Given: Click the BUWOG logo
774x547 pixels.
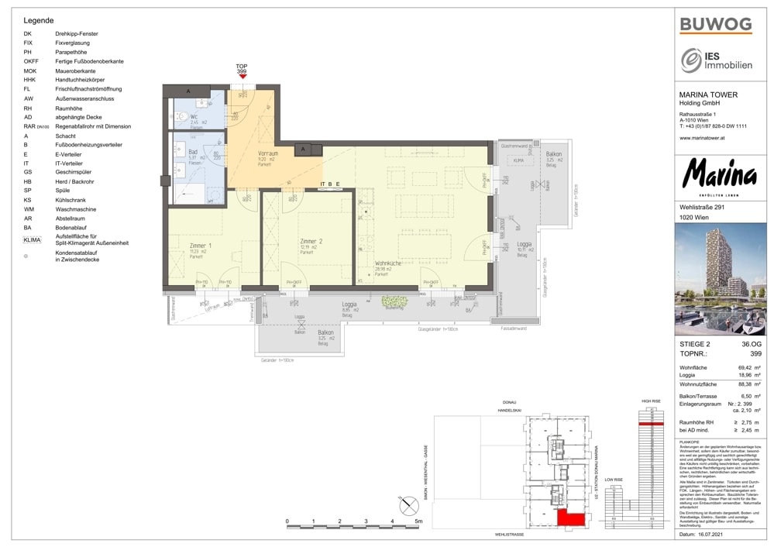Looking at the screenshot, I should pos(715,24).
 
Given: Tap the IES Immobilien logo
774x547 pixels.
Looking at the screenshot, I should pos(716,60).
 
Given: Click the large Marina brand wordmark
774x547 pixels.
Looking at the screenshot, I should pos(718,176).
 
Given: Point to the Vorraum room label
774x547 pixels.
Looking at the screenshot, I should pos(267,154).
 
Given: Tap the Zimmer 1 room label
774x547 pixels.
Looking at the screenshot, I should pos(200,246).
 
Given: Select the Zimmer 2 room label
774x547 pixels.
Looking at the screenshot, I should pos(311,243).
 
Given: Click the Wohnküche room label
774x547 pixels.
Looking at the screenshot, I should pos(388,263).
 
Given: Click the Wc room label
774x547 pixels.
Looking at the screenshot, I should pos(194,117).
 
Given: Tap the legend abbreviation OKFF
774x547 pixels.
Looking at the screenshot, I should pos(31,61).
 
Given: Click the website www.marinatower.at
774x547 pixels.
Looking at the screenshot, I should pos(701,138).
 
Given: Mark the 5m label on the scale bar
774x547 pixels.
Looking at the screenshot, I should pos(418,521).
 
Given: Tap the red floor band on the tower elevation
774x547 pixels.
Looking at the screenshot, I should pos(650,424).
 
